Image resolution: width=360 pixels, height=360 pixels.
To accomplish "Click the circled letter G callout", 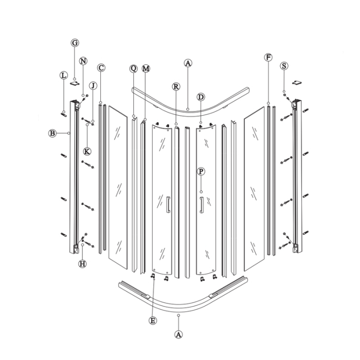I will point(75,43).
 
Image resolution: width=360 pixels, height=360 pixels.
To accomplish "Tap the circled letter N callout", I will point(83,61).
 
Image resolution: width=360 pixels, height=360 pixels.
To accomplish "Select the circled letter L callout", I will point(63,75).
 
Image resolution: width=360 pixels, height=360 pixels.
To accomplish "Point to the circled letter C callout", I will point(101,67).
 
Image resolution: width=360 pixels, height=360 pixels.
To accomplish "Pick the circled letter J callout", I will point(93,85).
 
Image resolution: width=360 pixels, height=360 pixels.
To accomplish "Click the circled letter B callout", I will point(52,133).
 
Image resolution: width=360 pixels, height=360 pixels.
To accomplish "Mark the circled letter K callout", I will point(87,151).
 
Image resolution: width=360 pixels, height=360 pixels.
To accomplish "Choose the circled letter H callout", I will point(82,264).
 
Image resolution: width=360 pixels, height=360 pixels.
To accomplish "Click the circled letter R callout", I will point(176,87).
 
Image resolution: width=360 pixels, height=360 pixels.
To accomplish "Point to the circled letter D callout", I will point(201,97).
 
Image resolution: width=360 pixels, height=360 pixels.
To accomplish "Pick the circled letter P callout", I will point(201,171).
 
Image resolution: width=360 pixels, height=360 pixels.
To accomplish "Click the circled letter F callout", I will point(268,57).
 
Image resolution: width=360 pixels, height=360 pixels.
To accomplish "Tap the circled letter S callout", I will point(284,66).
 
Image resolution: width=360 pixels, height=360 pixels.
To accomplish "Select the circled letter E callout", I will point(152,320).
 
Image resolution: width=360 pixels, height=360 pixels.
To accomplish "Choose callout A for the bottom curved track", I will point(178,334).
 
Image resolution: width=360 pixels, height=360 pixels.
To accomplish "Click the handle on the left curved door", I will point(167,204).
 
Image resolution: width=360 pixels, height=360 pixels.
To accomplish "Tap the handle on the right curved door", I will point(202,204).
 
